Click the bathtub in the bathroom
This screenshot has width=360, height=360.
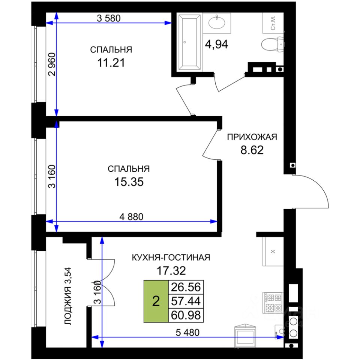[x=189, y=42]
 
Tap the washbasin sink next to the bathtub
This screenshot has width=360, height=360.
[x=217, y=22]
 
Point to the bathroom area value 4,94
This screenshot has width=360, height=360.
[x=216, y=44]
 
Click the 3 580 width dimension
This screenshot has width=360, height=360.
[x=109, y=18]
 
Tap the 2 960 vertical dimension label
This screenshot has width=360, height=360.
[x=52, y=64]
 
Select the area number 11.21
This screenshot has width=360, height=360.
[x=111, y=63]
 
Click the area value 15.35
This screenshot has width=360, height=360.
[x=129, y=182]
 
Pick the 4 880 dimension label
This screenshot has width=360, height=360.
[x=131, y=216]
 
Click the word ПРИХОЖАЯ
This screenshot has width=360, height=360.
[x=252, y=137]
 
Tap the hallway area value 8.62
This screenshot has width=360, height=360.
[x=252, y=150]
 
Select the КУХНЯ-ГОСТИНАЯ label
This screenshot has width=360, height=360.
[x=171, y=258]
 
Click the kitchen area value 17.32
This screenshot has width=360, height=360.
[x=171, y=271]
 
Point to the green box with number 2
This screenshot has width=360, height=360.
[x=156, y=301]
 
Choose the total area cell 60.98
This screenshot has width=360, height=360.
[x=186, y=315]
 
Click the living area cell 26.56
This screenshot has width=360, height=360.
[x=186, y=287]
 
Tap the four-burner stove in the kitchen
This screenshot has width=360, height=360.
[x=273, y=303]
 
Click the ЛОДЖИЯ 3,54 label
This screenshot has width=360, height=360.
[x=68, y=296]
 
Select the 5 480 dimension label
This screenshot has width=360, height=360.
[x=187, y=332]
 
